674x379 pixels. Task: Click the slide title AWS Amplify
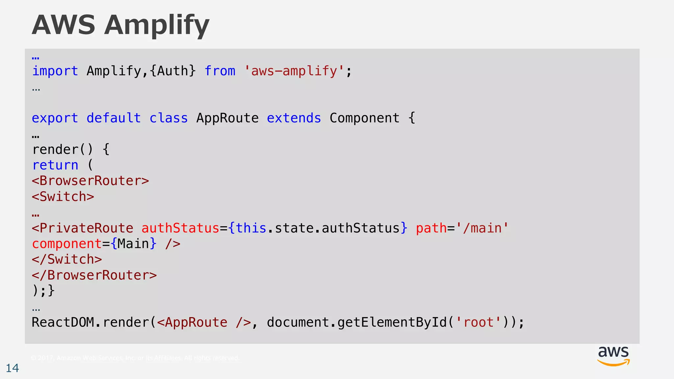[120, 25]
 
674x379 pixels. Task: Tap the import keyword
[55, 71]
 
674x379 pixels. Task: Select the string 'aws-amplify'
[294, 71]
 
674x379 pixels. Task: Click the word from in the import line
[220, 71]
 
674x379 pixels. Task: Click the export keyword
[55, 118]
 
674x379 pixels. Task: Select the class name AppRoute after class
[227, 118]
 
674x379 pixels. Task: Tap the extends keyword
[294, 118]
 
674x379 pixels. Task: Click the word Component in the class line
[365, 118]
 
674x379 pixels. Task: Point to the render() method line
[71, 150]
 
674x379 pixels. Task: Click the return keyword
[55, 165]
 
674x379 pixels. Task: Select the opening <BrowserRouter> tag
[91, 181]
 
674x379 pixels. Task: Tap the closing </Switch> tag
[67, 260]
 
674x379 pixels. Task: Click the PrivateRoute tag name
[86, 228]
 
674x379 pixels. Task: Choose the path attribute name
[431, 228]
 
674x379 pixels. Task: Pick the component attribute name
[67, 244]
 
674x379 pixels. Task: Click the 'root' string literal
[479, 322]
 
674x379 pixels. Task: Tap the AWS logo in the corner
[613, 356]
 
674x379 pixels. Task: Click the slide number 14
[13, 368]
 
